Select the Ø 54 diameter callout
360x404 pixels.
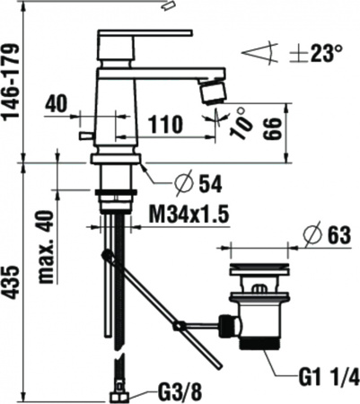tap(198, 183)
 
